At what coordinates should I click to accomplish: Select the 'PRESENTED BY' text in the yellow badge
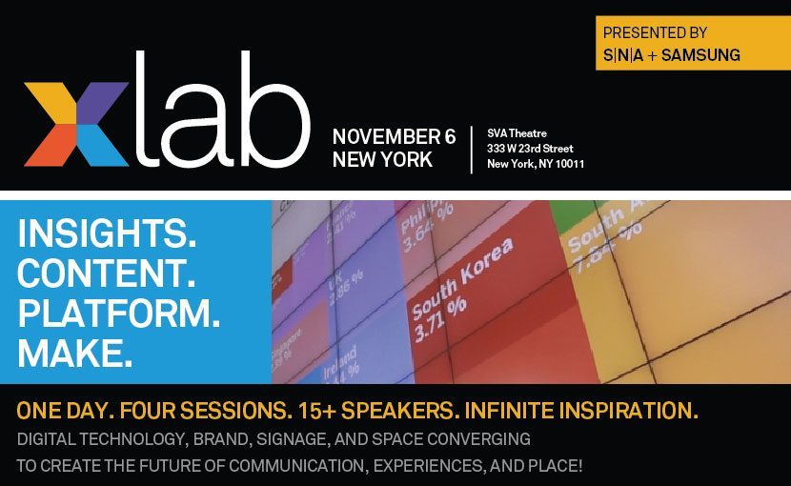654,32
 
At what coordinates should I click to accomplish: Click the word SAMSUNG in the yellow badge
698,55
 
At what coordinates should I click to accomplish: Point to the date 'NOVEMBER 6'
394,136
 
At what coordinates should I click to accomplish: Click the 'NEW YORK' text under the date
382,160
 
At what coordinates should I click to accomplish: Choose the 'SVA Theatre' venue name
517,132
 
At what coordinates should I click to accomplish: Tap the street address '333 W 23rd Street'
530,148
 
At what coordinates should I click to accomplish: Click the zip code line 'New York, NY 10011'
536,164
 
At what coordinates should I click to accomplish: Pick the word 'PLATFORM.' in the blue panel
118,313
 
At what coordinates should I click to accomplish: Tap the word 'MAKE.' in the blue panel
74,353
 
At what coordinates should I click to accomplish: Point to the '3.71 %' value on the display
439,318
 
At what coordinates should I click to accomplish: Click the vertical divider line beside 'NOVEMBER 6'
472,149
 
